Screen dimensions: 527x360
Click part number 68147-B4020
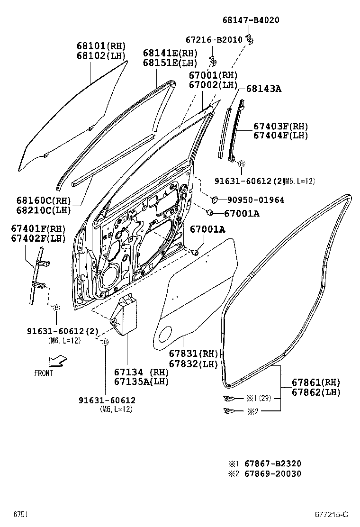point(251,20)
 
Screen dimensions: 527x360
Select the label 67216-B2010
point(214,40)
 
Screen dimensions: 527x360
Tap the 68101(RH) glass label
point(101,46)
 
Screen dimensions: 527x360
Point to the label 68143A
point(263,89)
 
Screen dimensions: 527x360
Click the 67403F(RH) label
point(280,126)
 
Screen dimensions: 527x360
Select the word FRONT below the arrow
point(44,373)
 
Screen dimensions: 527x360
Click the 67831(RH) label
point(193,354)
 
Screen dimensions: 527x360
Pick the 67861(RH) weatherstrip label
point(315,382)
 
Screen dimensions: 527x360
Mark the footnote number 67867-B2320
point(272,463)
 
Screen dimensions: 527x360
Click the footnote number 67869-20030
point(272,473)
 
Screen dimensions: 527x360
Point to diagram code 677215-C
point(332,515)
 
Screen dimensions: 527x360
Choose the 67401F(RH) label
point(38,228)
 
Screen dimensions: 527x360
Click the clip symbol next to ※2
point(228,411)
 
